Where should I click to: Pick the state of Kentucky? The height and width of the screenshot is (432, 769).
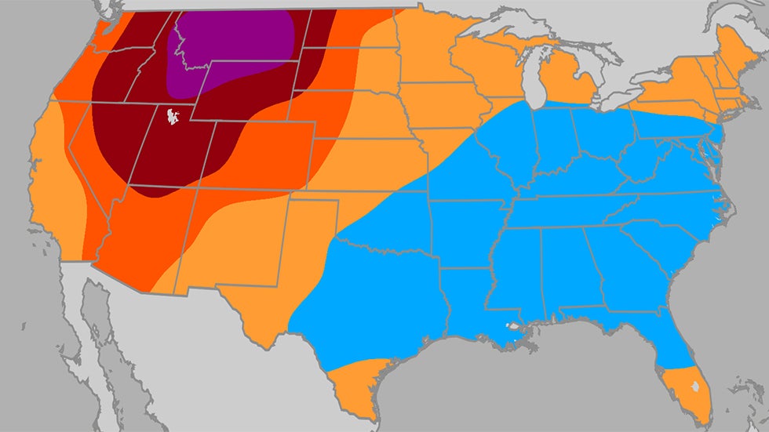pyautogui.click(x=577, y=180)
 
